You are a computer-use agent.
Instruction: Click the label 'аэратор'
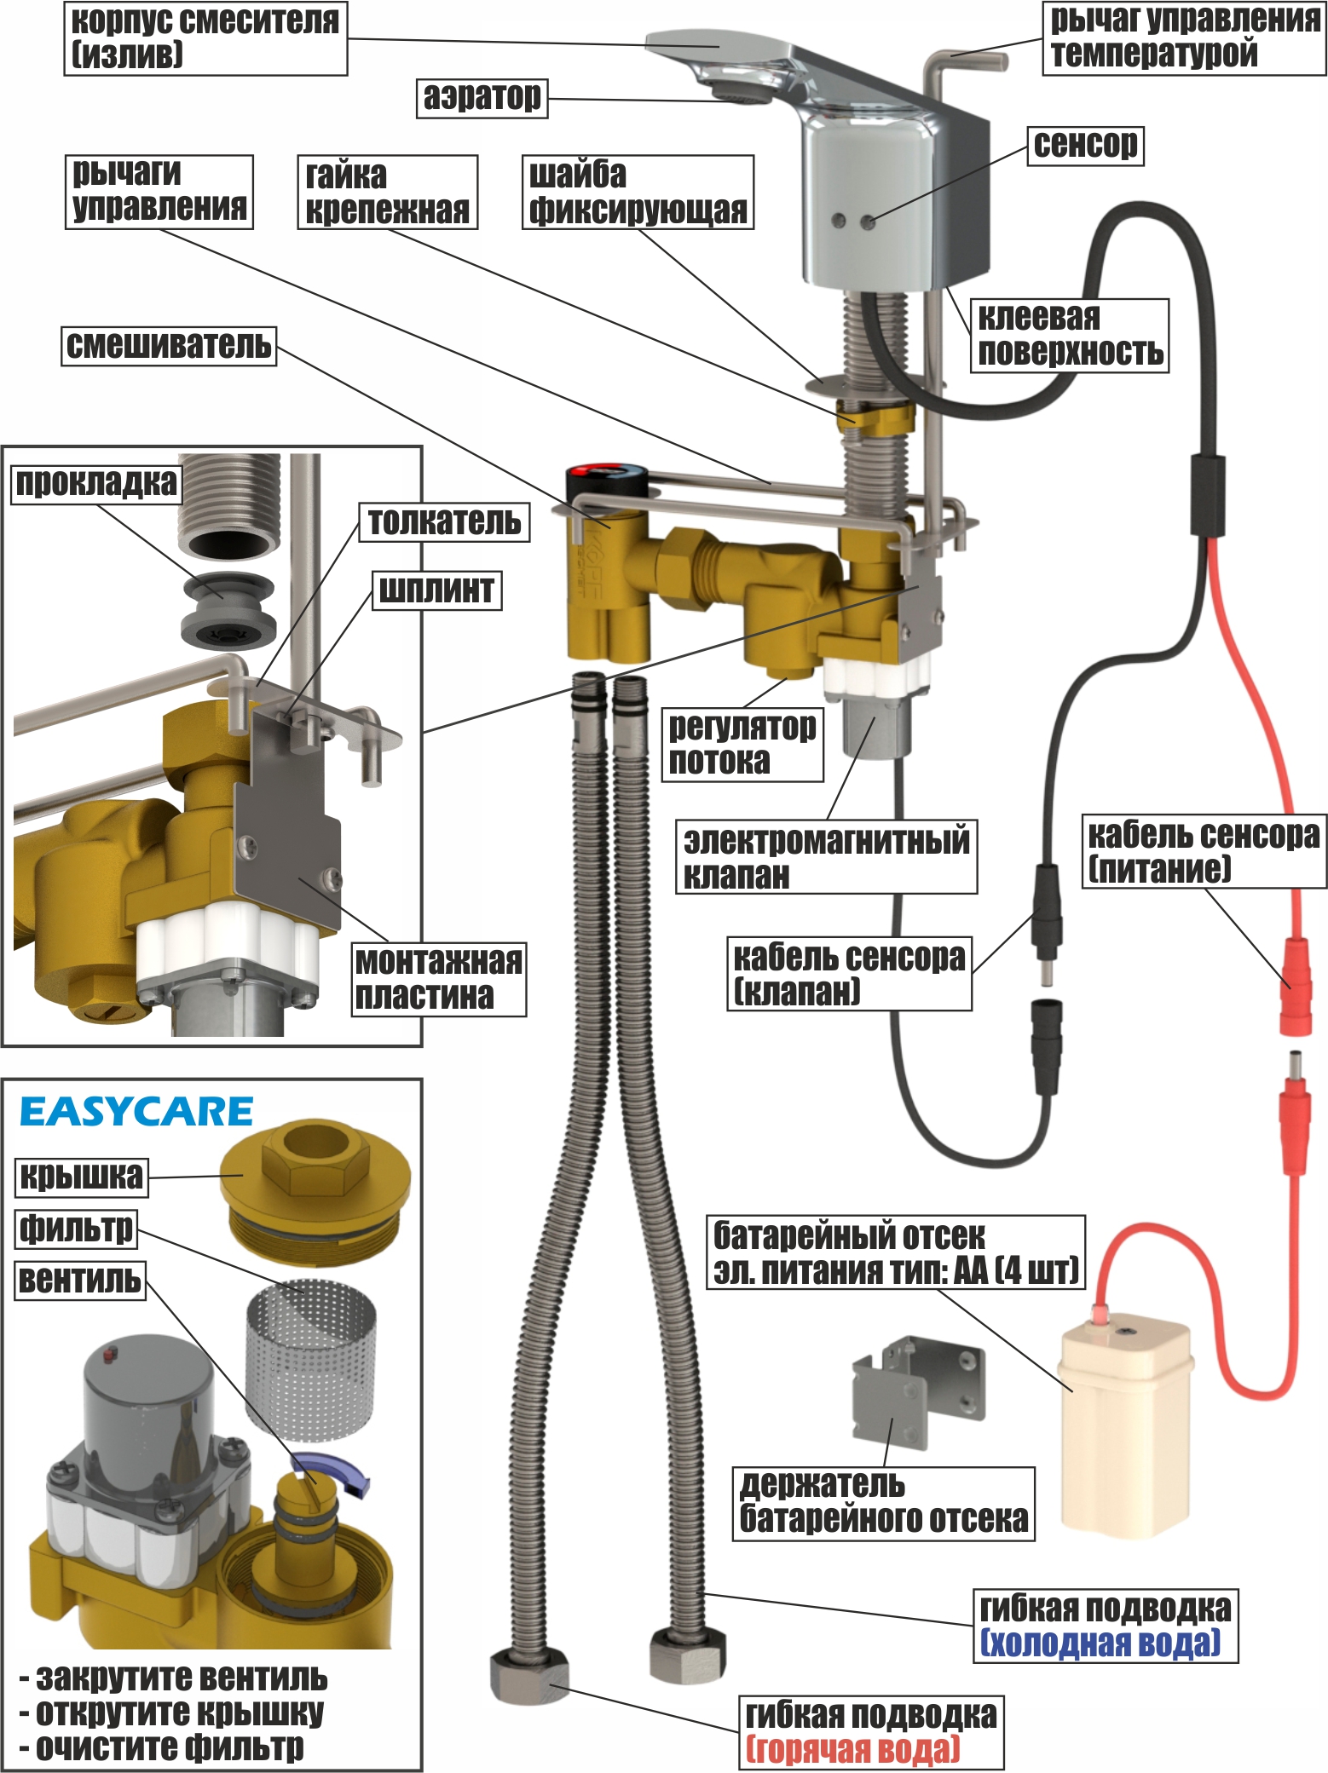pyautogui.click(x=482, y=97)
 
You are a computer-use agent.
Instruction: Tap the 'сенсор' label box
pyautogui.click(x=1085, y=146)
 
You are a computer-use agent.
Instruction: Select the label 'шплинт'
pyautogui.click(x=436, y=590)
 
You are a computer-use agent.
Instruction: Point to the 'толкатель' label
pyautogui.click(x=444, y=521)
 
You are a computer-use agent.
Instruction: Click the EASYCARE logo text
pyautogui.click(x=136, y=1112)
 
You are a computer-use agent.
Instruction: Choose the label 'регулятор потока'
pyautogui.click(x=742, y=744)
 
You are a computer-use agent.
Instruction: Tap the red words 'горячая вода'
pyautogui.click(x=852, y=1749)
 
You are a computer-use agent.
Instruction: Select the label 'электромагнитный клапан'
pyautogui.click(x=826, y=857)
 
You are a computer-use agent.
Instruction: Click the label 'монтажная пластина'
pyautogui.click(x=439, y=978)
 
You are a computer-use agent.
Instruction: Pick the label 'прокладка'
pyautogui.click(x=96, y=483)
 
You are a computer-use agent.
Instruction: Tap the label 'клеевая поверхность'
pyautogui.click(x=1070, y=335)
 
